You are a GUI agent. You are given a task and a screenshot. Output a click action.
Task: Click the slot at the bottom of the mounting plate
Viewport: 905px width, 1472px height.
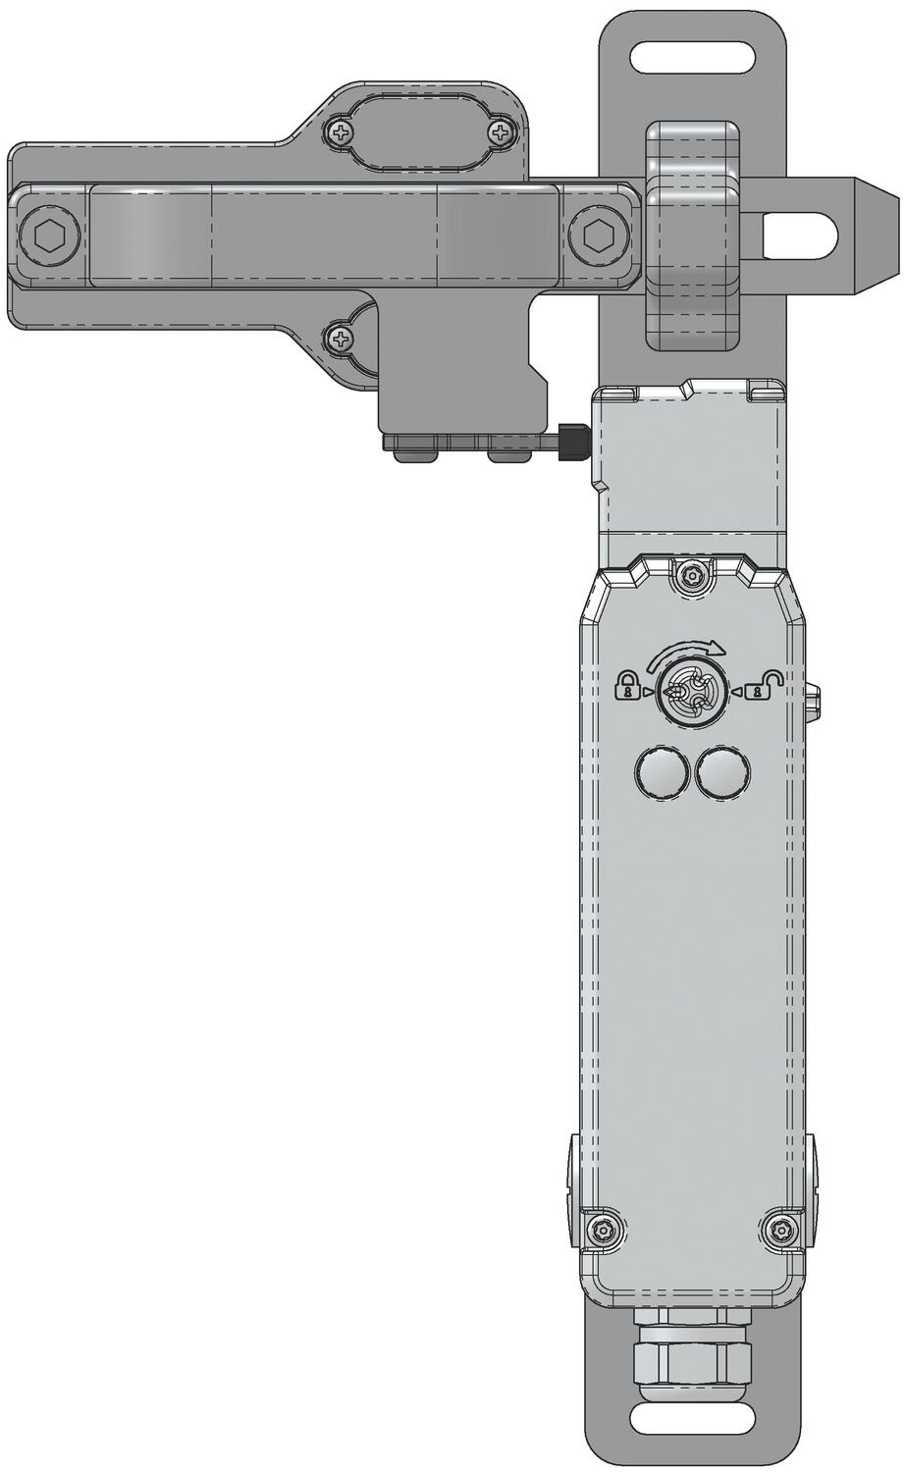click(x=693, y=1418)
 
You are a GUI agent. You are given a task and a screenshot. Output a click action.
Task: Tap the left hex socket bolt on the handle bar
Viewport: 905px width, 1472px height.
click(x=46, y=236)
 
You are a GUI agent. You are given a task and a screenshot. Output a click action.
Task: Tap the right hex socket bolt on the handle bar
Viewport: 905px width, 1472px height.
click(x=596, y=236)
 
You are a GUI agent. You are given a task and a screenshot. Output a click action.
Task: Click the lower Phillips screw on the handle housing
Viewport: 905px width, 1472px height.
click(x=341, y=340)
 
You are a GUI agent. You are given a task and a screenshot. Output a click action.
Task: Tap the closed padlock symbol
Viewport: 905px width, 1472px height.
click(x=625, y=685)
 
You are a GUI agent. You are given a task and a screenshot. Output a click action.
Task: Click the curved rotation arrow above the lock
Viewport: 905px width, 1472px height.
click(x=692, y=651)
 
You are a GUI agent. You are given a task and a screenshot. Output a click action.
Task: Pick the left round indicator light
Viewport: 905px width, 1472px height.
click(x=659, y=772)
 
